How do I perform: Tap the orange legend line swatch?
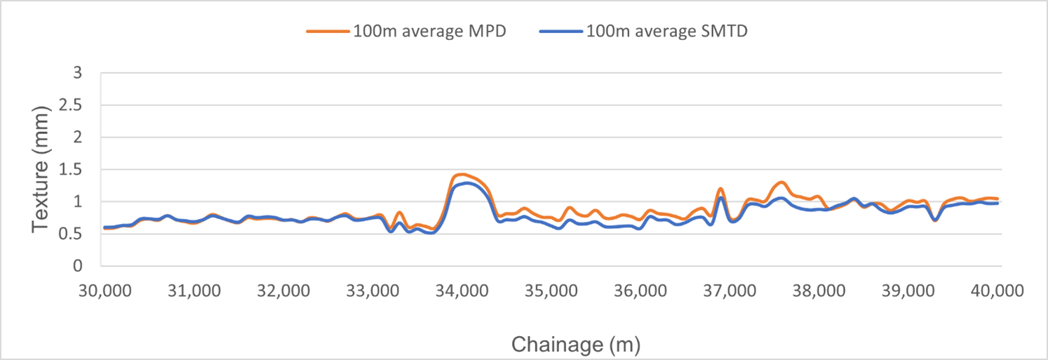pos(328,32)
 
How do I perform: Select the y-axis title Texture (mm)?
pos(41,170)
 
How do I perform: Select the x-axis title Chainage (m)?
pos(575,345)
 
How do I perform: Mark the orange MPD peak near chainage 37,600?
pos(781,182)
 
